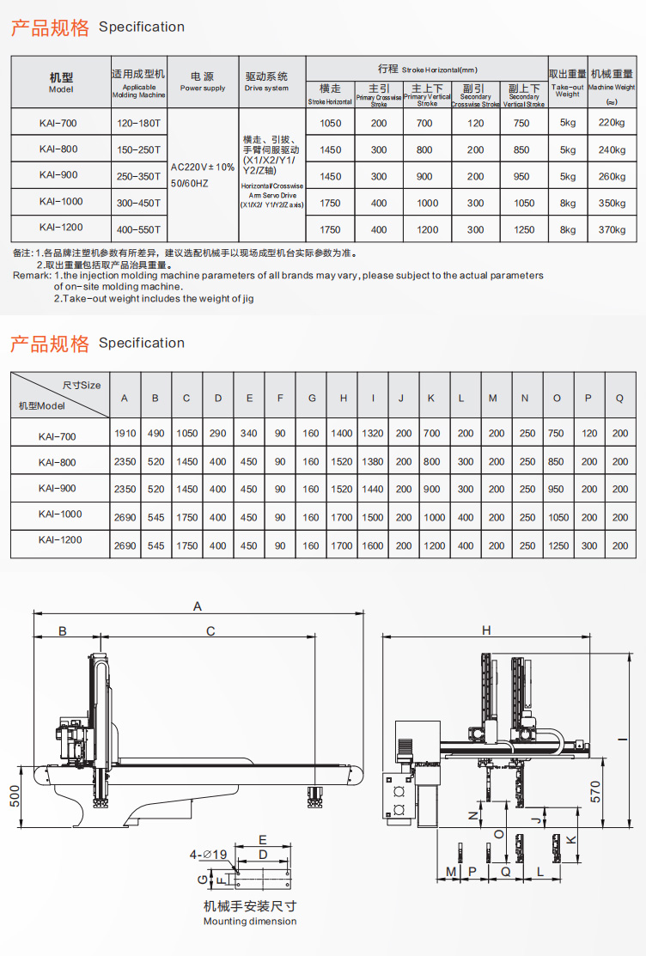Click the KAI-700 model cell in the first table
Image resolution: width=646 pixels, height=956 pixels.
click(58, 123)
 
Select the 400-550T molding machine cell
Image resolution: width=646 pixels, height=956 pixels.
click(139, 229)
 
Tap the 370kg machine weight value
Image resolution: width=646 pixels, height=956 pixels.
click(612, 229)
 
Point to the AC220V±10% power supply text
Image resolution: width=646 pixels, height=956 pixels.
click(203, 167)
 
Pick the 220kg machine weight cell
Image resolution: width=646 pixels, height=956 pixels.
click(612, 123)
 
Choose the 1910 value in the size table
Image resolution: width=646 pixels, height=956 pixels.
click(125, 434)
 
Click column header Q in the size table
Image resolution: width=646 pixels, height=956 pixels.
click(620, 398)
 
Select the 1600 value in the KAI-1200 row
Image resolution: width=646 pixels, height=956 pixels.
click(373, 545)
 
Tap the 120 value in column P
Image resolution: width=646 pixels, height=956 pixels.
click(588, 434)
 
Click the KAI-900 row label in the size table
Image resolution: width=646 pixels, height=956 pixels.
click(58, 489)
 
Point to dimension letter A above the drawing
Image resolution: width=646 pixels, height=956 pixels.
click(197, 606)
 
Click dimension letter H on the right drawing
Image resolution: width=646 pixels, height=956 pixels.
click(486, 630)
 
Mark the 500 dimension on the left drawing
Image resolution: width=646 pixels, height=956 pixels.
click(15, 796)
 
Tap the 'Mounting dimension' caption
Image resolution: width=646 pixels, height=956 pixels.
click(250, 922)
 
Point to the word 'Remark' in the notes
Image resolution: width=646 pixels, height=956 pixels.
click(31, 276)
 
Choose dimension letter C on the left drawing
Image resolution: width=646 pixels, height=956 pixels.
click(210, 631)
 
